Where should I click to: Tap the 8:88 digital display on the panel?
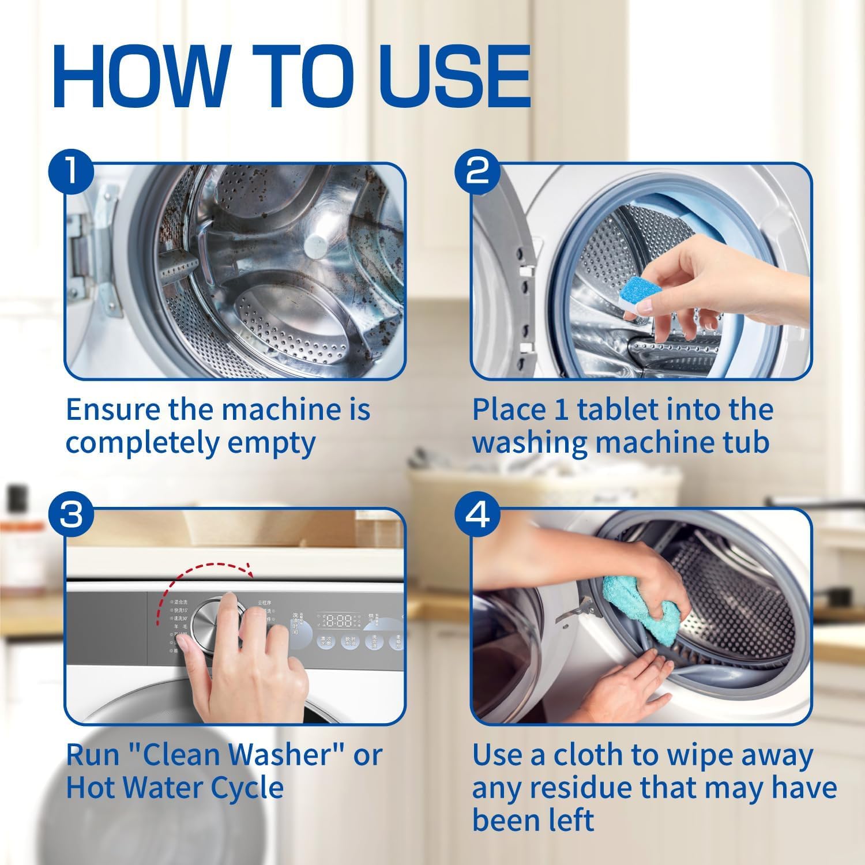336,621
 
